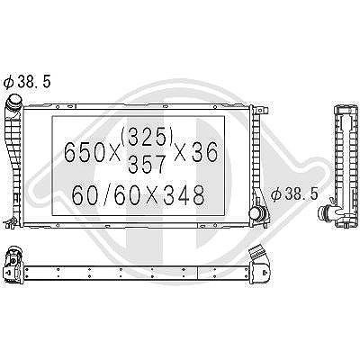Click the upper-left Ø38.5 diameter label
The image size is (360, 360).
pos(27,82)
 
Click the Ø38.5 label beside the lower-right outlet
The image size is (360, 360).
pos(294,193)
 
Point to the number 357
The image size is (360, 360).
pos(147,165)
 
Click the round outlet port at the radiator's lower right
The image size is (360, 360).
pos(256,212)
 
